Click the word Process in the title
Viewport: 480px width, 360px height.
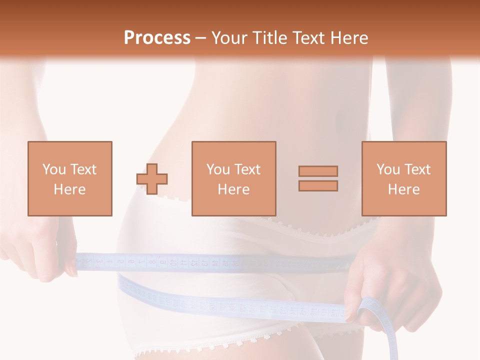tap(157, 38)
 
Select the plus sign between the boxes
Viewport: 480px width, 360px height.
tap(152, 179)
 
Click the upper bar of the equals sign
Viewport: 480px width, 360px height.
tap(318, 171)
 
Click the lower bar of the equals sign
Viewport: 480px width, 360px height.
tap(318, 186)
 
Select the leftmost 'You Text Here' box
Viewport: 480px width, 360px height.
tap(69, 178)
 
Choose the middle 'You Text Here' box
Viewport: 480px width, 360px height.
tap(233, 178)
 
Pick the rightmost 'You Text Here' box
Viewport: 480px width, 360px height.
tap(403, 178)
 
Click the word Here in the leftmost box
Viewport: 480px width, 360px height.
tap(69, 189)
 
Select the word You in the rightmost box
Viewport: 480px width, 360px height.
tap(388, 169)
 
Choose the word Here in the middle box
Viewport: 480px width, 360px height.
tap(233, 189)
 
